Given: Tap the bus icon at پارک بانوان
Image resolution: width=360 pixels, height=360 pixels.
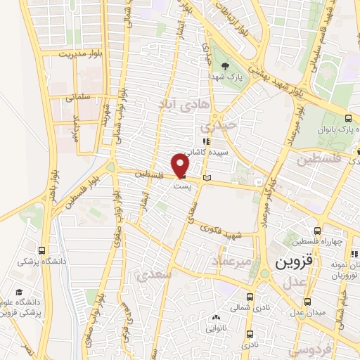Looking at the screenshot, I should coord(349,117).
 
